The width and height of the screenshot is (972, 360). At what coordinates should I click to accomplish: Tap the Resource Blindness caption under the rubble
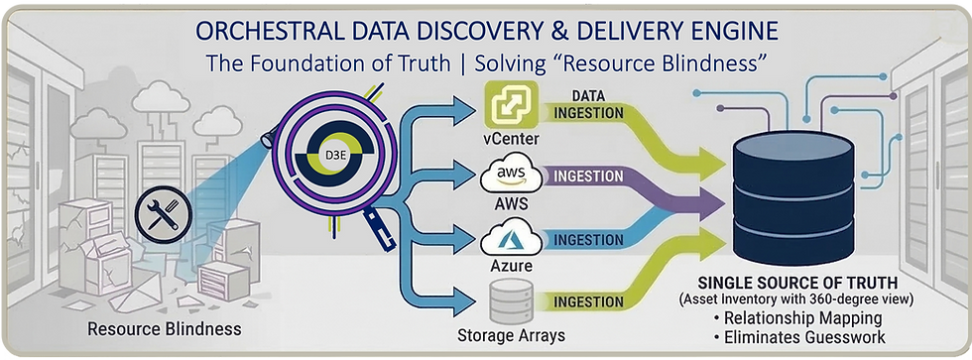pyautogui.click(x=164, y=328)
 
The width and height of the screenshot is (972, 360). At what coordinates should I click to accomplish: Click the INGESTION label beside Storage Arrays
pyautogui.click(x=589, y=301)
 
